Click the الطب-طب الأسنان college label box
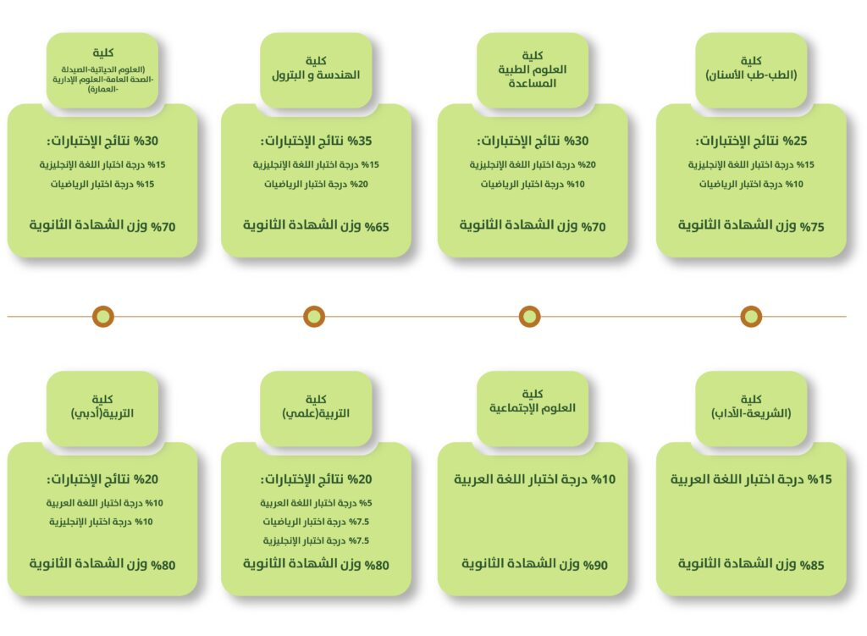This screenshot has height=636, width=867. pyautogui.click(x=751, y=70)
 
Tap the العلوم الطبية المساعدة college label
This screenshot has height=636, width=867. pyautogui.click(x=533, y=70)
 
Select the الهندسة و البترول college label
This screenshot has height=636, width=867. pyautogui.click(x=316, y=70)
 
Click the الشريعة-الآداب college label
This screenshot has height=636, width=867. pyautogui.click(x=751, y=409)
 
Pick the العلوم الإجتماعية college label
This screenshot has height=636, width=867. pyautogui.click(x=533, y=409)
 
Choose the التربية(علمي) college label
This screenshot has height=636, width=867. pyautogui.click(x=316, y=409)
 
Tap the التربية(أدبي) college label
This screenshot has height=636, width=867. pyautogui.click(x=102, y=409)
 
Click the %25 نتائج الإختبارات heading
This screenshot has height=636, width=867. pyautogui.click(x=751, y=141)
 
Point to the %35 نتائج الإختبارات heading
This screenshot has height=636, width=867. pyautogui.click(x=317, y=141)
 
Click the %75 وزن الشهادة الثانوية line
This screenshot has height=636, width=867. pyautogui.click(x=751, y=225)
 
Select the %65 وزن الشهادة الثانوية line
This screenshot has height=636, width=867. pyautogui.click(x=316, y=225)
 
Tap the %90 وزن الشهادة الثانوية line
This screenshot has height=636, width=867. pyautogui.click(x=534, y=564)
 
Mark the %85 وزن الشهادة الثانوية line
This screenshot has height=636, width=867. pyautogui.click(x=751, y=564)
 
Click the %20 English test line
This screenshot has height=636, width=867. pyautogui.click(x=533, y=165)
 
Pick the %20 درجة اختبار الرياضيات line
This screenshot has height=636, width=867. pyautogui.click(x=316, y=184)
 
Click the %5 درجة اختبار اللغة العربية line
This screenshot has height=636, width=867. pyautogui.click(x=316, y=503)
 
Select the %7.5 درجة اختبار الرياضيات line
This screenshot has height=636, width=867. pyautogui.click(x=316, y=522)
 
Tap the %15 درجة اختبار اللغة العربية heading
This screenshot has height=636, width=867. pyautogui.click(x=751, y=479)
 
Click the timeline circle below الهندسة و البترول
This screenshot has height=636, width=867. pyautogui.click(x=314, y=317)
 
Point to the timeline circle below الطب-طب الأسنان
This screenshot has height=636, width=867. pyautogui.click(x=751, y=317)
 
